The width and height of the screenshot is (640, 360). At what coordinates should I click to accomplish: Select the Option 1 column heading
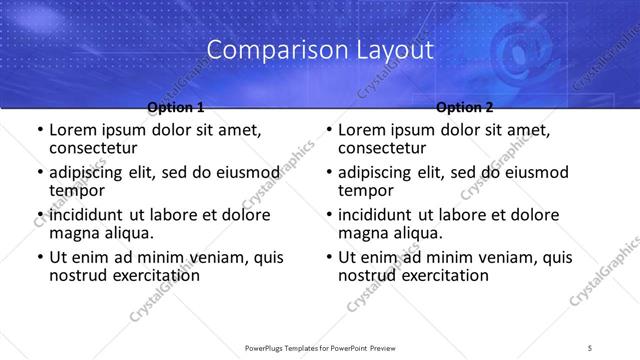176,107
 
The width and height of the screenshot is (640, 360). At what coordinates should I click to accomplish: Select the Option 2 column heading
465,107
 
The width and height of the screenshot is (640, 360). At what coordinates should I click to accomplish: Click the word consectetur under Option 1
92,148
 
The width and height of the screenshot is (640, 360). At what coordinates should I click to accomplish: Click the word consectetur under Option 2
381,148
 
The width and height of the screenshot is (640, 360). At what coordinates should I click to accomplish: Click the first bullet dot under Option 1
39,131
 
